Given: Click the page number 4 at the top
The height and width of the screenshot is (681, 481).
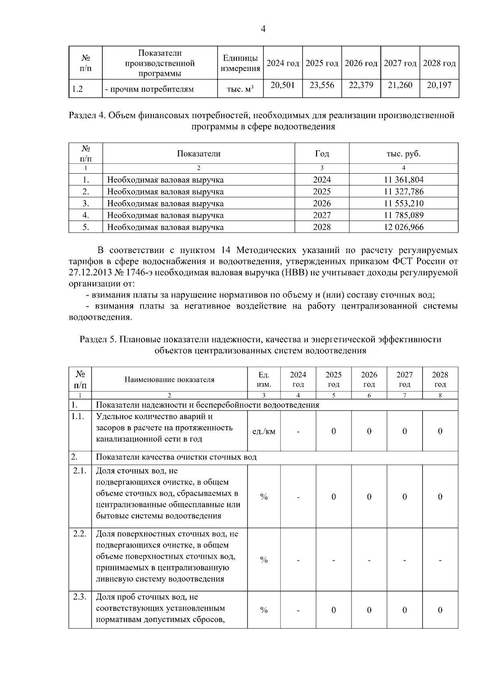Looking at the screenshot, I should tap(263, 29).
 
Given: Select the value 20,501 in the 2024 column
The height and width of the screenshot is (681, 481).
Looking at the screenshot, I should tap(283, 85).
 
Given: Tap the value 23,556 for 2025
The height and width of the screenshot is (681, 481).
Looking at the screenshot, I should tap(322, 85).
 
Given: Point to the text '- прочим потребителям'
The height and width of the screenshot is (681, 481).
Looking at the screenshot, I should tap(149, 89).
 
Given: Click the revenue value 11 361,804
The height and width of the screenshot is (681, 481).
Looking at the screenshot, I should tap(404, 180).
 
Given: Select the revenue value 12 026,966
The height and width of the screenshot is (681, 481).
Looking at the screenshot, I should tap(404, 227).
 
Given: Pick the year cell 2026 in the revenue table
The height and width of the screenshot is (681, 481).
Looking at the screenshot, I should tap(322, 203).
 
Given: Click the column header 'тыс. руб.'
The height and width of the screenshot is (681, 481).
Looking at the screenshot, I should tap(404, 154).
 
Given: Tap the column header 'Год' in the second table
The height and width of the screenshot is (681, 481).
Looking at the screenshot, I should tap(322, 154).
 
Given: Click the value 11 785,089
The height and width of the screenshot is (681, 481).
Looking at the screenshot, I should tap(404, 215).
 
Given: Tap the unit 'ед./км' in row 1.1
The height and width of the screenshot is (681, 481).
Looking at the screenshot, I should tap(264, 432).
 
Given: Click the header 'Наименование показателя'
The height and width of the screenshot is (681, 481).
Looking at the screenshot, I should tap(169, 379).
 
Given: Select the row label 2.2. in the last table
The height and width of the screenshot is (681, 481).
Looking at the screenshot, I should tap(80, 534).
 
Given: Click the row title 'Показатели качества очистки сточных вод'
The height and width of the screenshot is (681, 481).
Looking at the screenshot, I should tap(176, 457).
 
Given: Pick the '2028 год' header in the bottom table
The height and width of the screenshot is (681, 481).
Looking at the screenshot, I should tap(440, 379).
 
